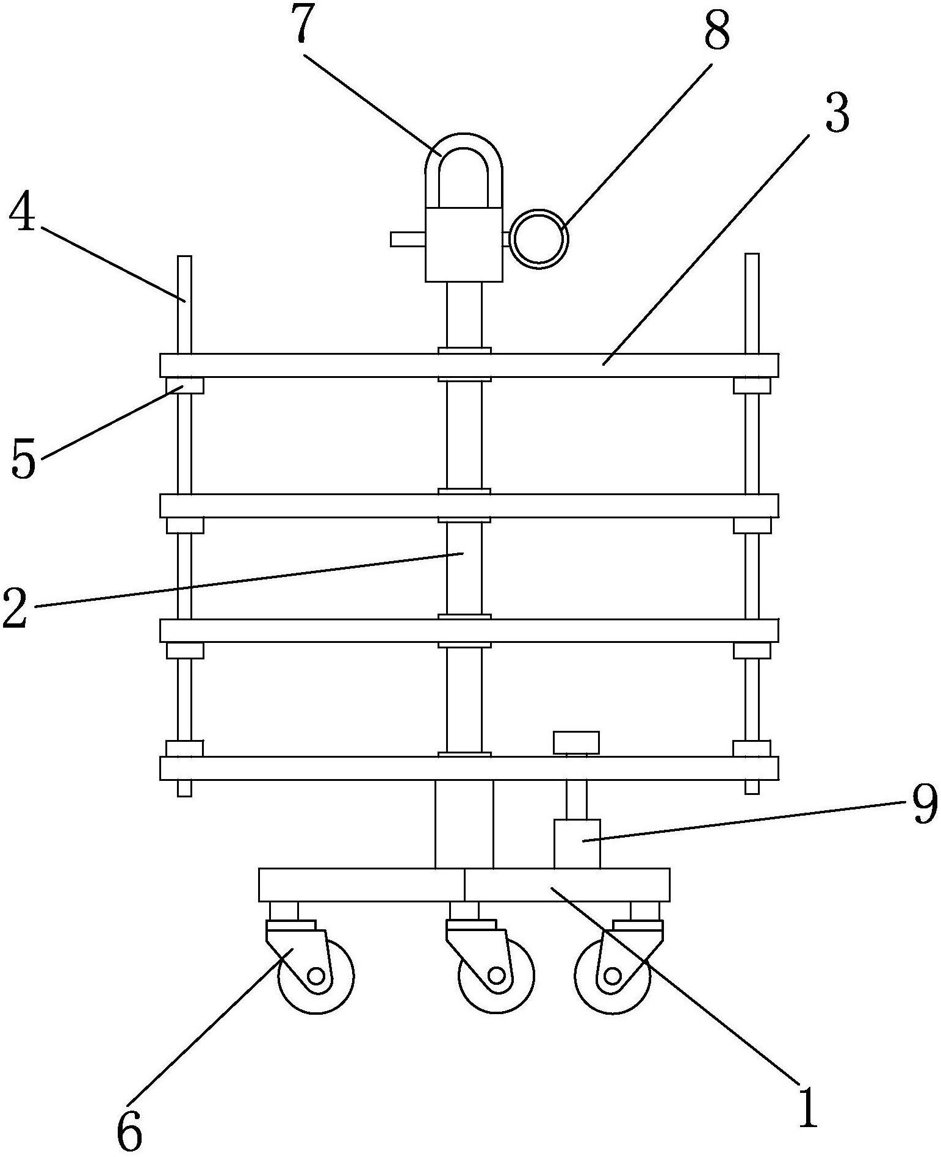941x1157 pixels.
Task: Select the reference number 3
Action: (837, 114)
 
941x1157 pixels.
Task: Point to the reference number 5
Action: (24, 460)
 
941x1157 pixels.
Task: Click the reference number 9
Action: (925, 805)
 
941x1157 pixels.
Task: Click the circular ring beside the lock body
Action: (539, 238)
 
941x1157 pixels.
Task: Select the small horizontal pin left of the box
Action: (407, 239)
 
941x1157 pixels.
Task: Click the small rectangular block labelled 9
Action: (577, 843)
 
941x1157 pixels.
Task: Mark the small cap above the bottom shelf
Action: (576, 742)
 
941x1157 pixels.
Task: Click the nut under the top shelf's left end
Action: (185, 386)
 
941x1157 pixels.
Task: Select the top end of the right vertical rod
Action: (752, 259)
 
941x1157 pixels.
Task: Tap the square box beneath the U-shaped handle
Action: (464, 244)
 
